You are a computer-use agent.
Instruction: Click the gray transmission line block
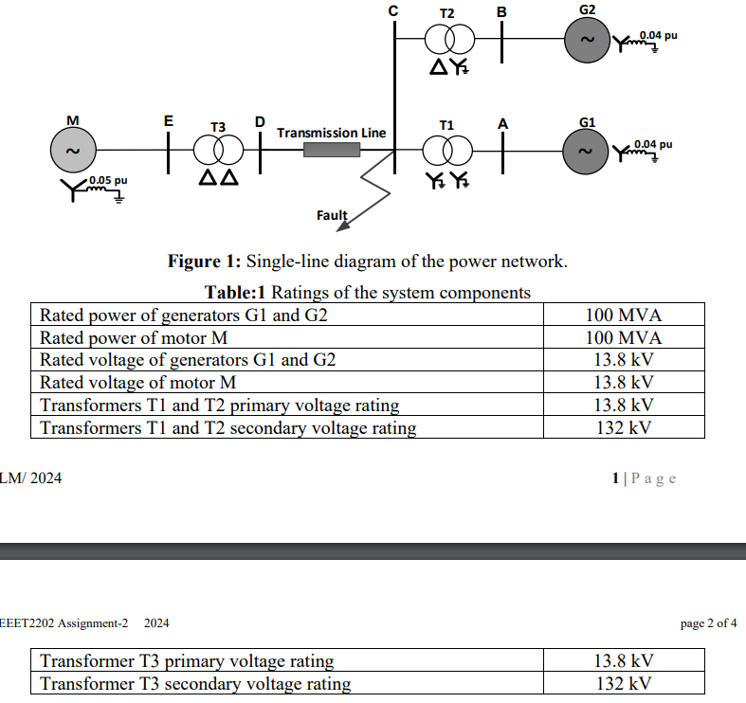pyautogui.click(x=332, y=150)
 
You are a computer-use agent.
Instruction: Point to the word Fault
pyautogui.click(x=332, y=216)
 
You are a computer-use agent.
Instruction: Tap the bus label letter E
pyautogui.click(x=168, y=121)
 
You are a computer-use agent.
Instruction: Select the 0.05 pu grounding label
pyautogui.click(x=108, y=180)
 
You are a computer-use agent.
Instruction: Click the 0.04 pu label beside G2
pyautogui.click(x=659, y=35)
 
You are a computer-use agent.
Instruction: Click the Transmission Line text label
pyautogui.click(x=331, y=133)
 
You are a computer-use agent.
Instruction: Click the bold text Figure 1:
pyautogui.click(x=205, y=261)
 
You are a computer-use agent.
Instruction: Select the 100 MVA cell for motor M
pyautogui.click(x=624, y=337)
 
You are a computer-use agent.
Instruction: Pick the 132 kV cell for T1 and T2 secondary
pyautogui.click(x=624, y=427)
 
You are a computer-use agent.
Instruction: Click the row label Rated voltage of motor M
pyautogui.click(x=137, y=383)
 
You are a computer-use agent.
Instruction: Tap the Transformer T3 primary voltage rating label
pyautogui.click(x=187, y=660)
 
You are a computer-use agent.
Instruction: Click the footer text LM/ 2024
pyautogui.click(x=31, y=478)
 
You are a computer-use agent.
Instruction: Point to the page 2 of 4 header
pyautogui.click(x=708, y=622)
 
